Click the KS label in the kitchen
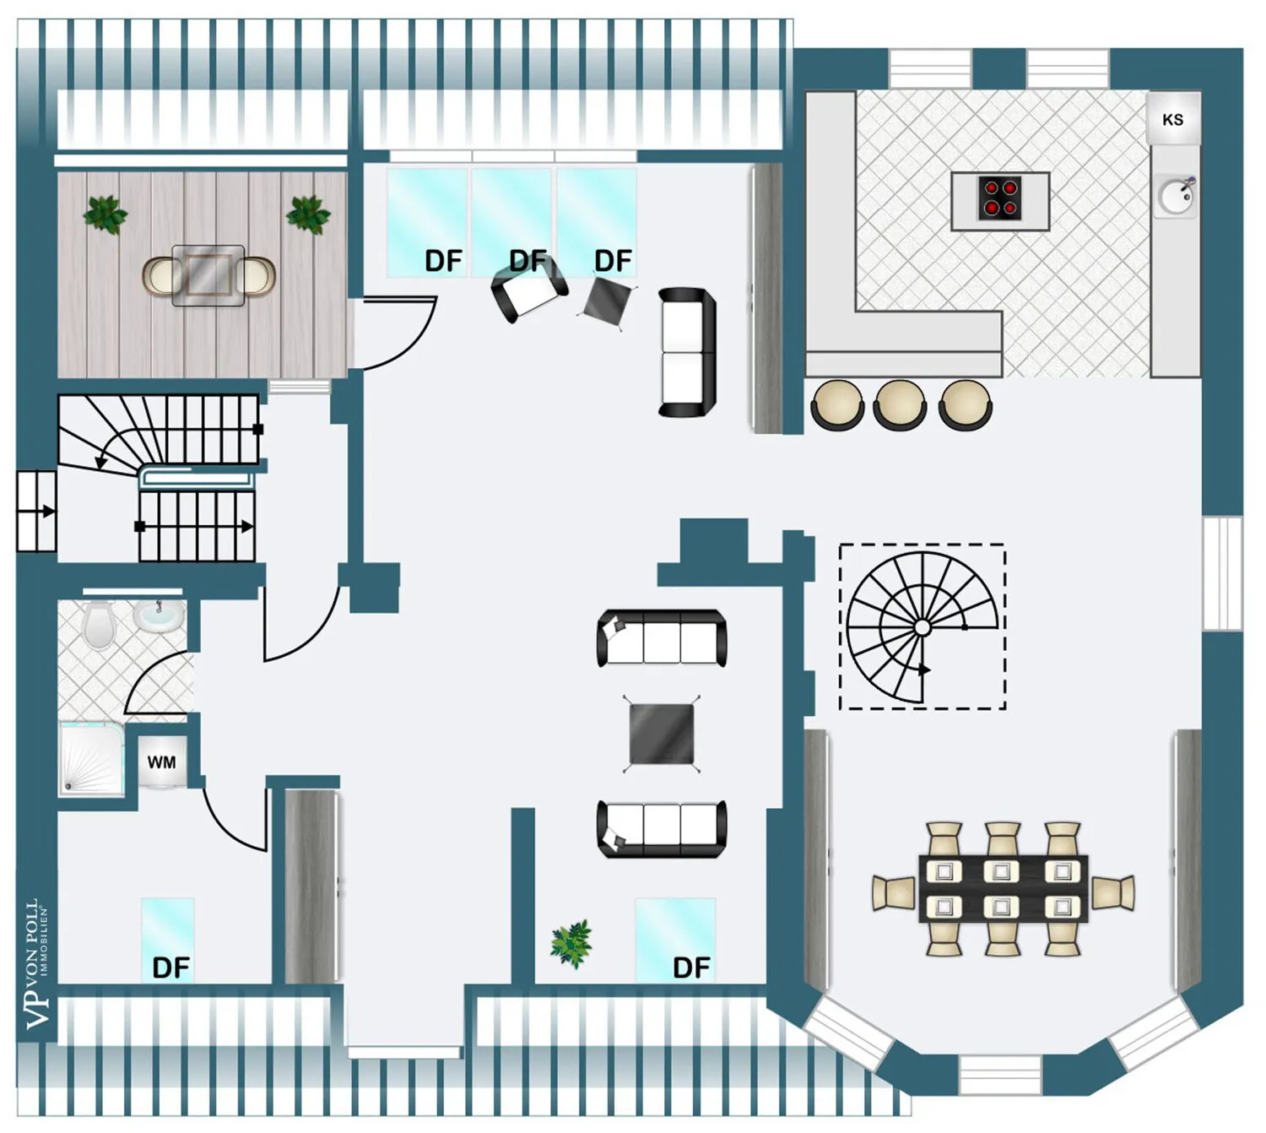point(1172,119)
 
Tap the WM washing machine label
point(161,762)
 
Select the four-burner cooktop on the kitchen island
point(1000,198)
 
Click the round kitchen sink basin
point(1176,197)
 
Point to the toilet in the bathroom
point(99,625)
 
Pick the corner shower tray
point(91,760)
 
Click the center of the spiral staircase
point(922,626)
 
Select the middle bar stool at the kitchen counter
point(899,404)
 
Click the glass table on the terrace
point(208,275)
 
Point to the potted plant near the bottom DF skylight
point(571,944)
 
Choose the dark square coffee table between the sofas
point(662,734)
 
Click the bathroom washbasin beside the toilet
point(159,615)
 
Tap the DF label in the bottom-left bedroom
point(170,968)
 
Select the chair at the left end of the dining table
point(894,892)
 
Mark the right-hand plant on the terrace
point(307,214)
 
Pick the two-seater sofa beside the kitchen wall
point(687,353)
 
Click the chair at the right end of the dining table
point(1113,892)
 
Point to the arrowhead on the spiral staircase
point(924,669)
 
